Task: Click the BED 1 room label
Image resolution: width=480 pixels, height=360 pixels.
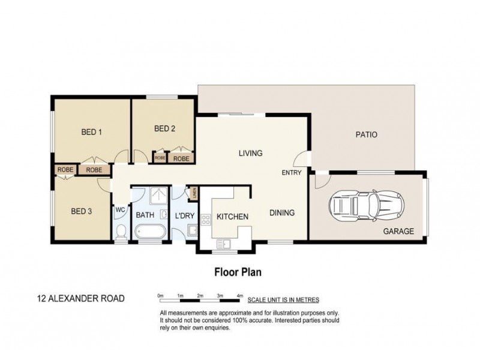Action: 91,133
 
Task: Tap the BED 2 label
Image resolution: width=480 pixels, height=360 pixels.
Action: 164,128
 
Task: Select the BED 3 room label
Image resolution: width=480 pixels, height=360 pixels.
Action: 81,211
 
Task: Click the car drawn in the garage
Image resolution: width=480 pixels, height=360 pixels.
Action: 367,205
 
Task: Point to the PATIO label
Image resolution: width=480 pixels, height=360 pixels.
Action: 366,135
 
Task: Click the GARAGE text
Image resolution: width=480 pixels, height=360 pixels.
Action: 399,230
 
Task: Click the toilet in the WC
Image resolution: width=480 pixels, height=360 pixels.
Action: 121,230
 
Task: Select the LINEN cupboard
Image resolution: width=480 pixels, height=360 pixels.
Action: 194,194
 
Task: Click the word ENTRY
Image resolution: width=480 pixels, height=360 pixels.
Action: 292,173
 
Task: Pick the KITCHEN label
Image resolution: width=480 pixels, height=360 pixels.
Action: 232,216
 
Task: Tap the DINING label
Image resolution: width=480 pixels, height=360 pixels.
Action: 281,212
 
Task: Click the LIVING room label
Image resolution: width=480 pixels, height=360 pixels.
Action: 250,153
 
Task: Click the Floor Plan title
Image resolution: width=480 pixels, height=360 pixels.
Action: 238,271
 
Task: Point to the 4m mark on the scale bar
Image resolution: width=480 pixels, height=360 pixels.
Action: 239,296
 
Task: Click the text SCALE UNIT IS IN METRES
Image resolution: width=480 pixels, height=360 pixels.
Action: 283,299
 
